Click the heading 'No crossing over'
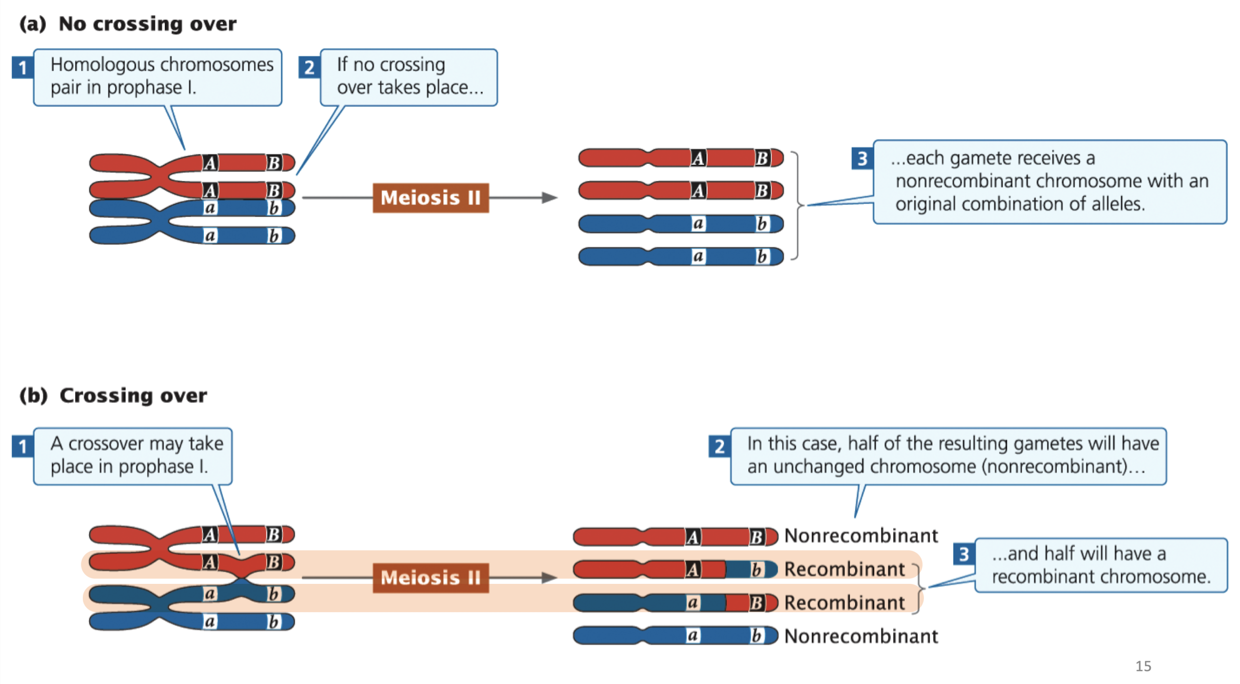click(147, 24)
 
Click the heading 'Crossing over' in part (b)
click(133, 395)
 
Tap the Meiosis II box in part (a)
click(430, 198)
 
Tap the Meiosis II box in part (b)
click(430, 577)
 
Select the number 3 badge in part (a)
click(862, 159)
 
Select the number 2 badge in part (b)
click(719, 447)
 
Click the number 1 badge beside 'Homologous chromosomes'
click(22, 67)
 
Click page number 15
click(1143, 666)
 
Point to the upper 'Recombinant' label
click(844, 569)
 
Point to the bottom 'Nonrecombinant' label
click(861, 636)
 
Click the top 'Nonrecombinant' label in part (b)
click(861, 536)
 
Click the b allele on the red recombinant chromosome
click(756, 570)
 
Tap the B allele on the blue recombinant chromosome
click(756, 603)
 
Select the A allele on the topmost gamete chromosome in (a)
click(698, 158)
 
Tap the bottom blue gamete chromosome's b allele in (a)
click(762, 256)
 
